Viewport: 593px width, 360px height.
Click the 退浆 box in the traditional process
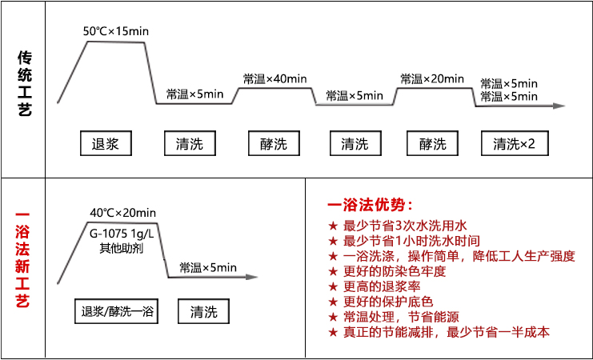click(x=106, y=143)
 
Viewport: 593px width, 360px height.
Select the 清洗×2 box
click(x=515, y=143)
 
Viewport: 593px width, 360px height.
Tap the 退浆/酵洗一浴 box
click(x=117, y=311)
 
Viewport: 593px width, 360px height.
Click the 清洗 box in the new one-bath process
click(x=203, y=311)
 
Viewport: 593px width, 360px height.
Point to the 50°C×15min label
click(x=116, y=31)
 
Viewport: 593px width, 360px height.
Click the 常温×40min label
click(x=275, y=78)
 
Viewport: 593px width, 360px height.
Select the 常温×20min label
click(x=432, y=78)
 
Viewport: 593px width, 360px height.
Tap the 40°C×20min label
click(x=123, y=213)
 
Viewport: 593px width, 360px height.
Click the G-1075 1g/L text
click(x=122, y=234)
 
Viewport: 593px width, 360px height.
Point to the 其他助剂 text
click(x=122, y=249)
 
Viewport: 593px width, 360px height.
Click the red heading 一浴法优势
click(x=370, y=206)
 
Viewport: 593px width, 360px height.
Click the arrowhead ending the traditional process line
click(x=559, y=106)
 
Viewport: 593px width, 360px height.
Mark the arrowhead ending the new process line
click(x=252, y=277)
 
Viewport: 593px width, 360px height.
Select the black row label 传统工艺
click(x=25, y=83)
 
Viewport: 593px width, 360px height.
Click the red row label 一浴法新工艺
click(x=22, y=259)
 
